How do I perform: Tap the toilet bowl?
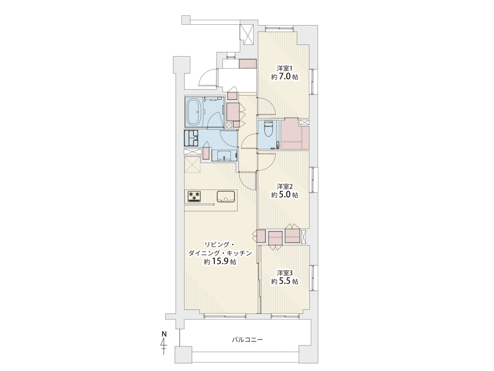click(269, 129)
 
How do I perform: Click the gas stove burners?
click(194, 196)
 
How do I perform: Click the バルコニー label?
click(247, 340)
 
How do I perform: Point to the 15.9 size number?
click(220, 261)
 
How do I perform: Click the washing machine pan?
click(192, 138)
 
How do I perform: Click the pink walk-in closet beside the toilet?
click(294, 134)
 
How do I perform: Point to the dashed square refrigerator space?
click(193, 165)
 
